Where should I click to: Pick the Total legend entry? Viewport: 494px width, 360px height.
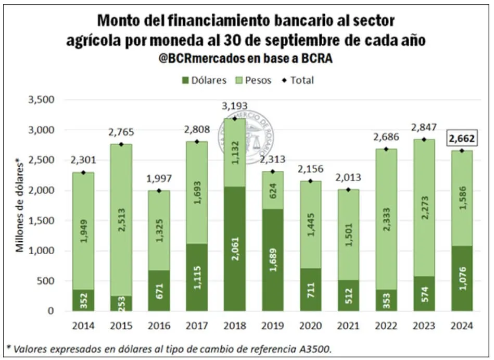(x=298, y=80)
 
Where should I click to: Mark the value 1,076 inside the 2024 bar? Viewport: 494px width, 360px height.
(x=461, y=278)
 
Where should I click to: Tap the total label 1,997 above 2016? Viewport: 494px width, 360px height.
(x=159, y=180)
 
